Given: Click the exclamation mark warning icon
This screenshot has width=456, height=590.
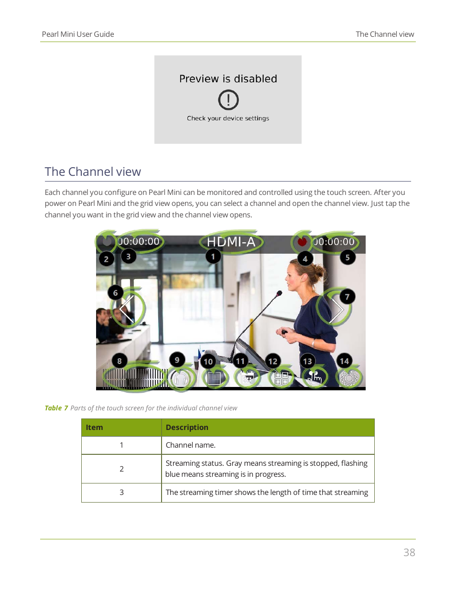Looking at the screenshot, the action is pos(228,100).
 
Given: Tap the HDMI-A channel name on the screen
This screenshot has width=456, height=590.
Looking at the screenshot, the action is pos(231,242).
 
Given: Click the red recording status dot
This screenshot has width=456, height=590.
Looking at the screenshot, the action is pos(302,242).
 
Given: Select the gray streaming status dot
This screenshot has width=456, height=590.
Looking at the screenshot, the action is pos(107,241).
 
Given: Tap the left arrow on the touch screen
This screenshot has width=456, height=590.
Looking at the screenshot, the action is pos(126,309).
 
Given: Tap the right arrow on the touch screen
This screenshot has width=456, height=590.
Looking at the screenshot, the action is pos(337,310).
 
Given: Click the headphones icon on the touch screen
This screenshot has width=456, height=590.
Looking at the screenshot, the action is pos(180,378).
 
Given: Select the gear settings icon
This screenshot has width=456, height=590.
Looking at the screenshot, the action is pos(349,378).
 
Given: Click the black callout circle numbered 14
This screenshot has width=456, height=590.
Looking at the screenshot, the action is pos(344,361).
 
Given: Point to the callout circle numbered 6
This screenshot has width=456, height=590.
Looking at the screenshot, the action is pos(115,293).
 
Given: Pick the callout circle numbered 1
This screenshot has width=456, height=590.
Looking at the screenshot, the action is pos(213,257).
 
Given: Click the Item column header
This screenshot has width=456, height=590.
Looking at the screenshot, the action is pos(94,428).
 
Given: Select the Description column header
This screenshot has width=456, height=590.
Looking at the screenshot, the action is pos(187,428).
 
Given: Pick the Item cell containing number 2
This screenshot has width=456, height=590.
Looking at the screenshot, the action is pos(121,469).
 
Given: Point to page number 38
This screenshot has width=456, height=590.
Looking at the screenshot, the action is pos(409,553).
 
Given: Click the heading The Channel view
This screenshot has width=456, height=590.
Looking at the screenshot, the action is pos(93,172).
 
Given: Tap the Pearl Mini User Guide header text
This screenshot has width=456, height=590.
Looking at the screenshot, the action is pos(78,34).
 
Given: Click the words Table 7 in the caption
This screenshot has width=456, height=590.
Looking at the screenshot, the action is pos(56,408).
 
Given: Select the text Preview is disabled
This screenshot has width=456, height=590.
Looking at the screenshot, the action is pos(228,79).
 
